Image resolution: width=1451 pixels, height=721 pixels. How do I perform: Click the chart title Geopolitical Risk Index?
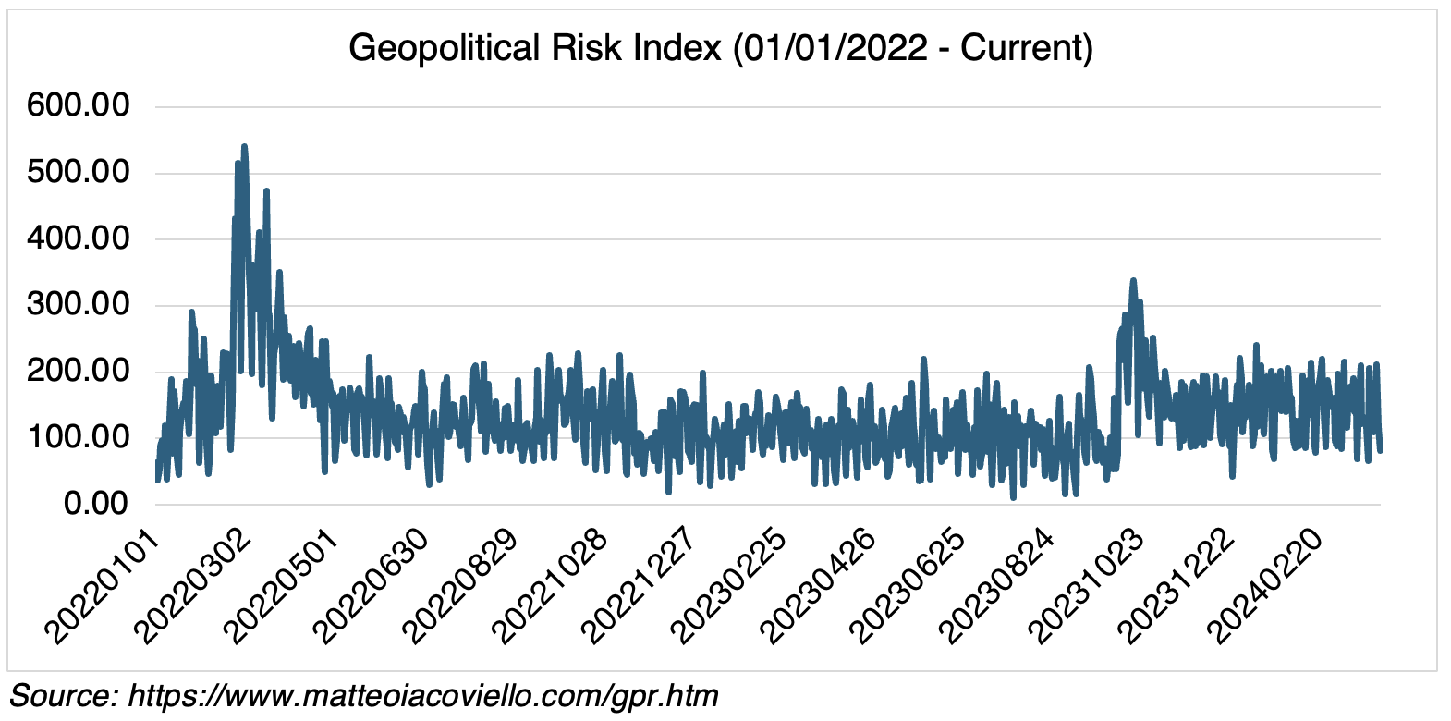(721, 47)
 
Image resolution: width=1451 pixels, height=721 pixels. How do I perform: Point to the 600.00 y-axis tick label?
(79, 105)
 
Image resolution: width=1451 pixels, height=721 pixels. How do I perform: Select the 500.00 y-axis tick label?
(79, 172)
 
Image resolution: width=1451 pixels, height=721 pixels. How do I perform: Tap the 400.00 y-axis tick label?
(79, 238)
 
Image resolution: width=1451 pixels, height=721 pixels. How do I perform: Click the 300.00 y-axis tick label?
(79, 305)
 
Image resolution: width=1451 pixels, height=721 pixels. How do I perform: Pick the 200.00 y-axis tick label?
(79, 372)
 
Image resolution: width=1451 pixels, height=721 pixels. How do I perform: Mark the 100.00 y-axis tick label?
(79, 437)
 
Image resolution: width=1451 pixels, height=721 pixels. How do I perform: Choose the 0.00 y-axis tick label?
(96, 504)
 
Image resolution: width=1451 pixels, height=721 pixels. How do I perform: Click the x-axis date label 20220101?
(104, 585)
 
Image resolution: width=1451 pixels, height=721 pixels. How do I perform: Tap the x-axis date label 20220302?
(192, 585)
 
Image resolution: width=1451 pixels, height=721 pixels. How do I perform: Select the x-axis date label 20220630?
(372, 585)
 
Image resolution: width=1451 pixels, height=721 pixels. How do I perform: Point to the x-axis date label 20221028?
(550, 585)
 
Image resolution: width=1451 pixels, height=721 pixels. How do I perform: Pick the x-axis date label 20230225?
(729, 585)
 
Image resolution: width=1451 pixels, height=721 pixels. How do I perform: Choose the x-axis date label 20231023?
(1087, 585)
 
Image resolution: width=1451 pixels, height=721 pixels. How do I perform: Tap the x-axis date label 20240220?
(1266, 585)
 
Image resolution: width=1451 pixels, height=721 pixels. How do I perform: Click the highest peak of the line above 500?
(244, 146)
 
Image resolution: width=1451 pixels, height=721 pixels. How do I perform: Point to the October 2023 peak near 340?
(1133, 280)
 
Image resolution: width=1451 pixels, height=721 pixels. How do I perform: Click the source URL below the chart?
(422, 695)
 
